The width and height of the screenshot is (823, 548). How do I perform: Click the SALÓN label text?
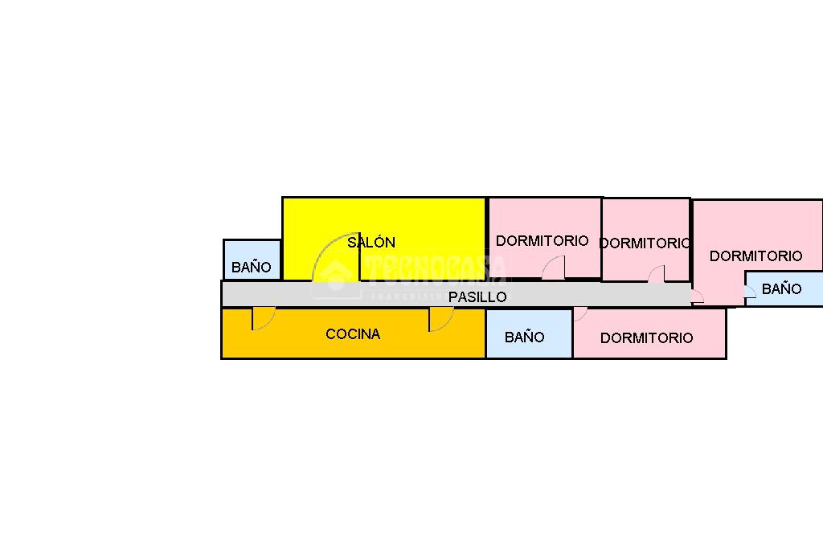pyautogui.click(x=371, y=242)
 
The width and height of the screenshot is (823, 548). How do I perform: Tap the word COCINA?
pyautogui.click(x=353, y=334)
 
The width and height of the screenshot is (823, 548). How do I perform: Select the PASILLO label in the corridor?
pyautogui.click(x=477, y=296)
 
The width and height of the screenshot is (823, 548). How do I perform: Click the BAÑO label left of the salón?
pyautogui.click(x=252, y=268)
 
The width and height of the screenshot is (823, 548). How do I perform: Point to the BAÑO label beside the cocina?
pyautogui.click(x=524, y=337)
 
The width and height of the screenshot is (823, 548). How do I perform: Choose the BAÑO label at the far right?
pyautogui.click(x=781, y=289)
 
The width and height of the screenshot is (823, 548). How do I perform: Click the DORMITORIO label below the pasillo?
pyautogui.click(x=646, y=338)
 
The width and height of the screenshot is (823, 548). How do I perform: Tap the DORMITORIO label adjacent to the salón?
pyautogui.click(x=543, y=240)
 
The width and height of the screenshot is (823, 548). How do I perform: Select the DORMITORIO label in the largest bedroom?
pyautogui.click(x=755, y=256)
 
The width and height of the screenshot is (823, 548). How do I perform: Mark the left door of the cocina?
pyautogui.click(x=262, y=319)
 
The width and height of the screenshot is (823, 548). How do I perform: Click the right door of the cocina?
pyautogui.click(x=440, y=319)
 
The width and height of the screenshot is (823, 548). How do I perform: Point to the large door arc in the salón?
pyautogui.click(x=334, y=257)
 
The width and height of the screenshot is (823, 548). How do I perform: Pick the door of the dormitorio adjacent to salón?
pyautogui.click(x=555, y=268)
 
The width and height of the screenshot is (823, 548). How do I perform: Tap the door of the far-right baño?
pyautogui.click(x=749, y=292)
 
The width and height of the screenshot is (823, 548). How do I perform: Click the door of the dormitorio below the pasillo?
pyautogui.click(x=579, y=314)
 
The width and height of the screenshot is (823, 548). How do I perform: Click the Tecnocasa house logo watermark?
pyautogui.click(x=338, y=273)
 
